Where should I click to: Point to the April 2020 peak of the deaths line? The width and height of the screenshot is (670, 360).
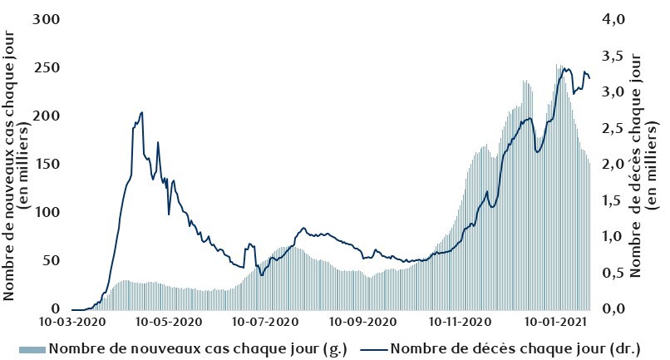[x=142, y=112]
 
